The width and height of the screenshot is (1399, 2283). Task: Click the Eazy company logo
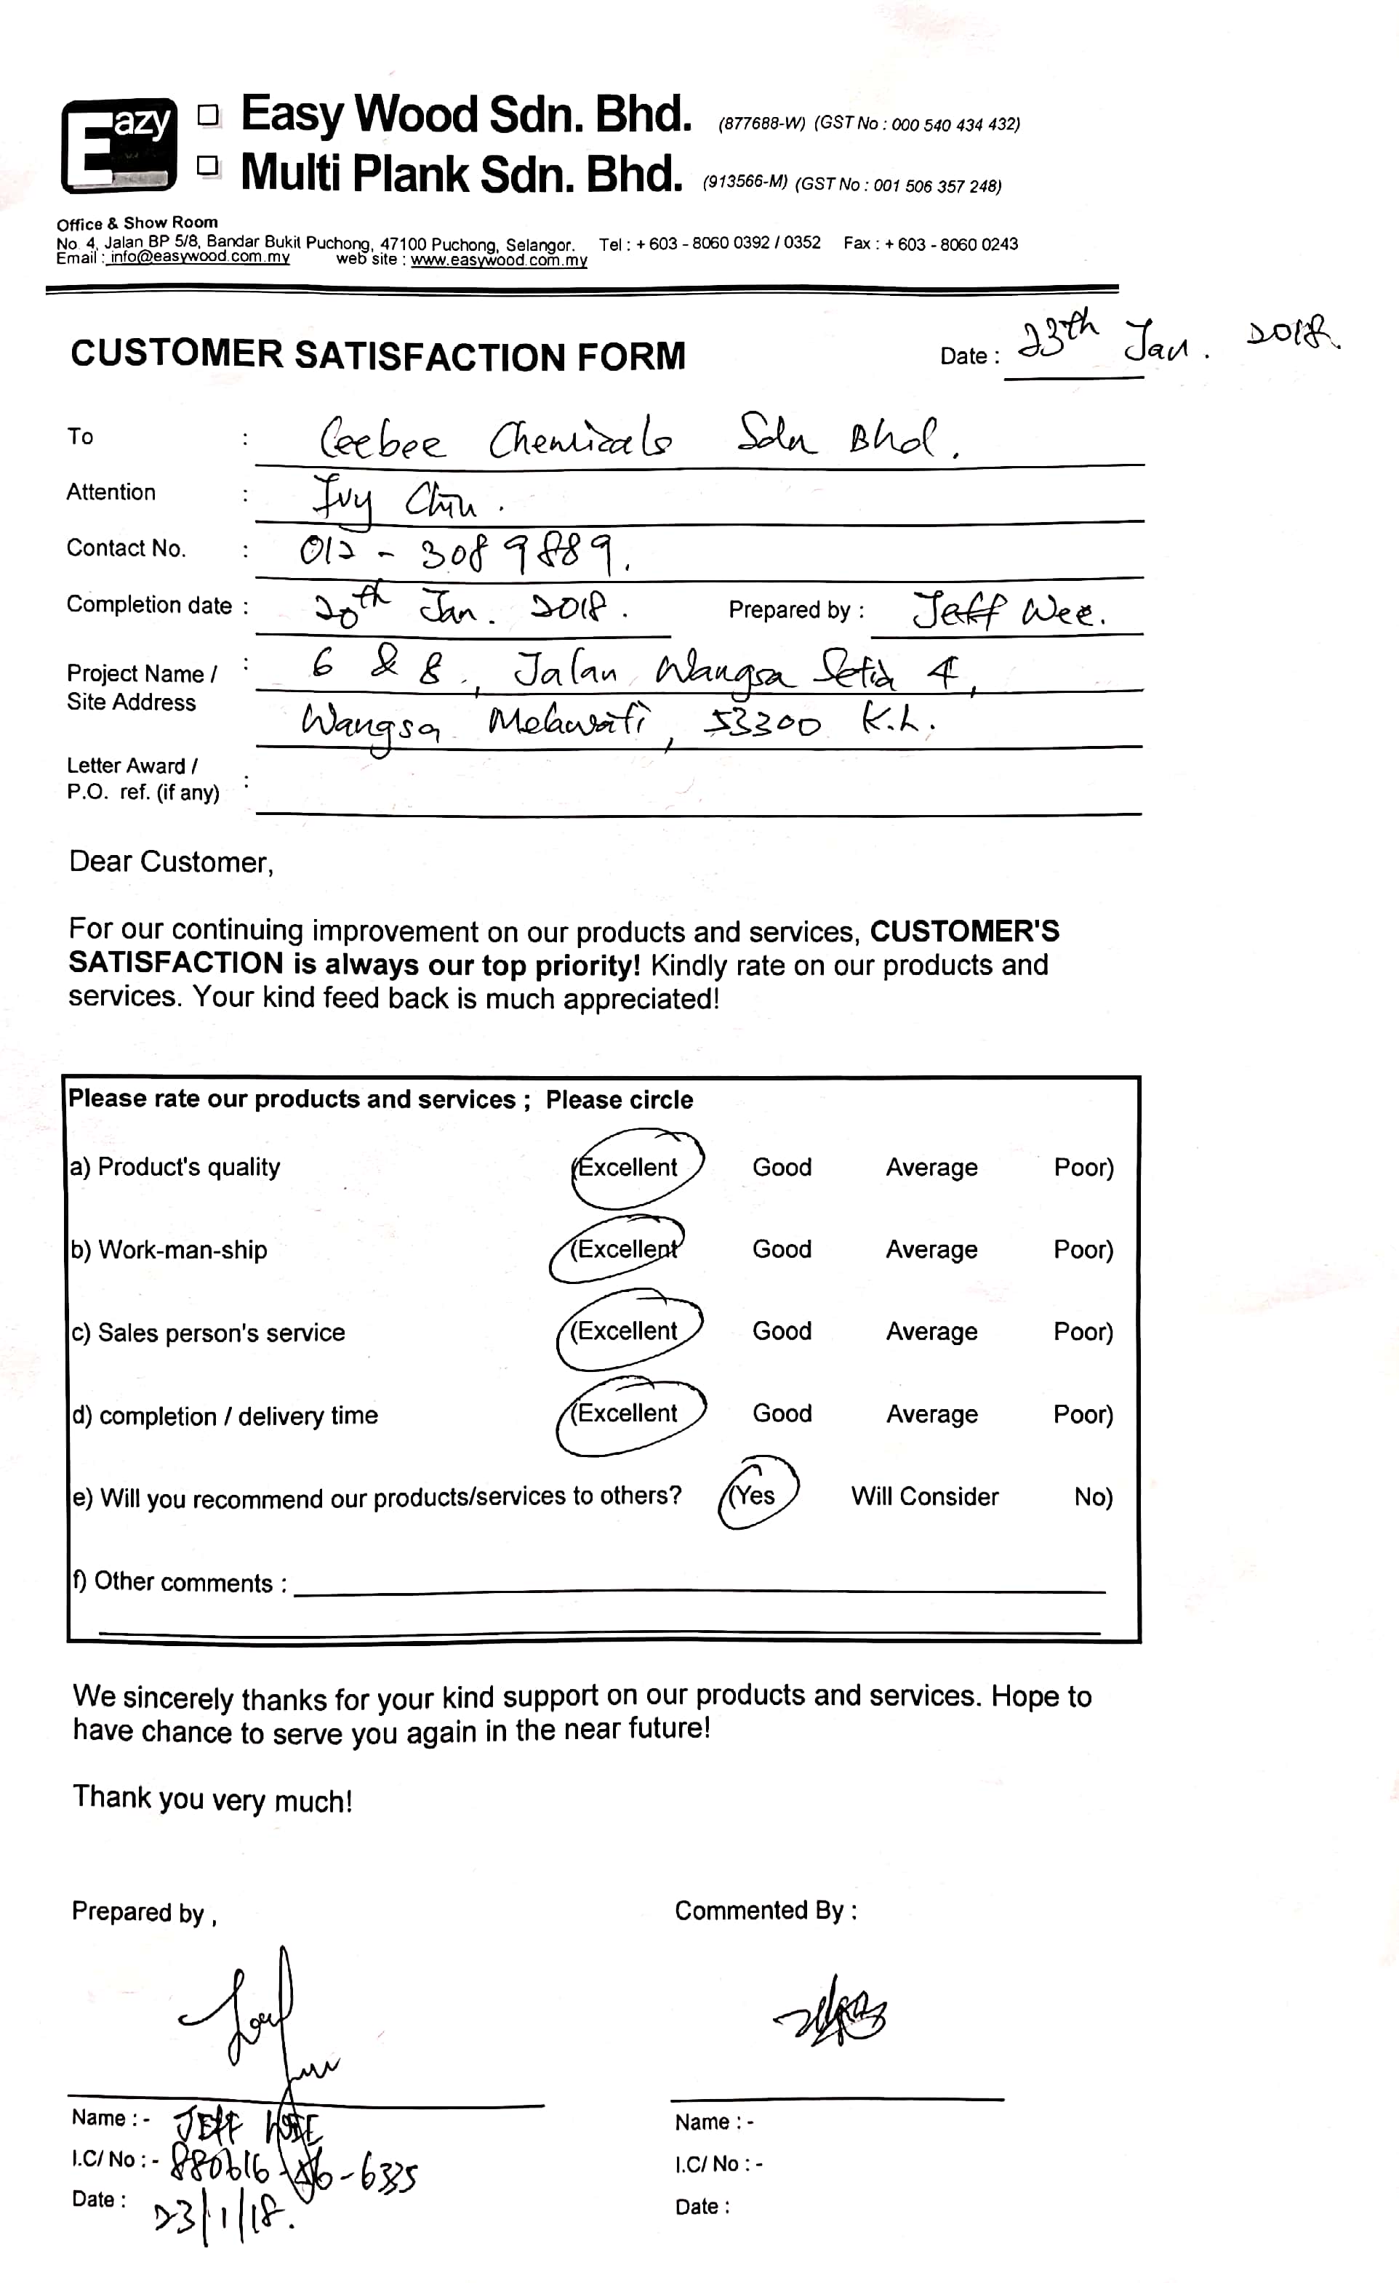[x=119, y=145]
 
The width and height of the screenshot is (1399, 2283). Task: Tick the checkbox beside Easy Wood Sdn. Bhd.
[x=209, y=115]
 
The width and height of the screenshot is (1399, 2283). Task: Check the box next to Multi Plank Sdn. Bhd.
[x=209, y=166]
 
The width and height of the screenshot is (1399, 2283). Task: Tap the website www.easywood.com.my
[x=499, y=260]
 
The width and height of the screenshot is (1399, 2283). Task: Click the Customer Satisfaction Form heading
[x=378, y=355]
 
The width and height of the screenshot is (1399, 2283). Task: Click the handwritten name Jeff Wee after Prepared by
[x=1008, y=611]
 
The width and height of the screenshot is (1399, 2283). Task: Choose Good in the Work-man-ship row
[x=781, y=1249]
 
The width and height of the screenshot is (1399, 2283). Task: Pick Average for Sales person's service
[x=931, y=1331]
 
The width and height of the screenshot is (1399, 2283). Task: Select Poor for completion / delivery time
[x=1082, y=1414]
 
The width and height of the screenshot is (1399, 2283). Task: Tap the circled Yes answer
[x=754, y=1496]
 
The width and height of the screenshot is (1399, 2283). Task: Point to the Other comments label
[x=180, y=1581]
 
